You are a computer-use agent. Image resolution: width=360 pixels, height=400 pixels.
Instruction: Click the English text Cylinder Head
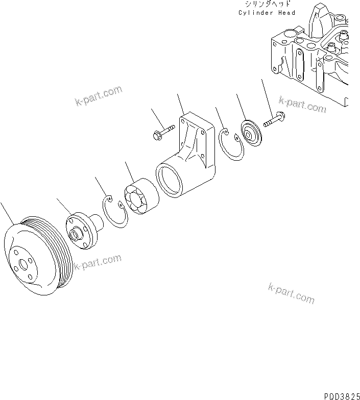point(267,12)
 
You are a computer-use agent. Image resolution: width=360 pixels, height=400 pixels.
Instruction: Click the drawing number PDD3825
point(341,395)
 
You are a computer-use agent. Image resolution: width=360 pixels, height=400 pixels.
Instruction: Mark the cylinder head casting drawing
point(311,56)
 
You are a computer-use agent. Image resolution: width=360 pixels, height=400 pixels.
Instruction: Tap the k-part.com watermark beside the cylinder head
point(303,105)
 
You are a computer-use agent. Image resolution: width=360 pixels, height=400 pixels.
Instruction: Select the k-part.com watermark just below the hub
point(98,262)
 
